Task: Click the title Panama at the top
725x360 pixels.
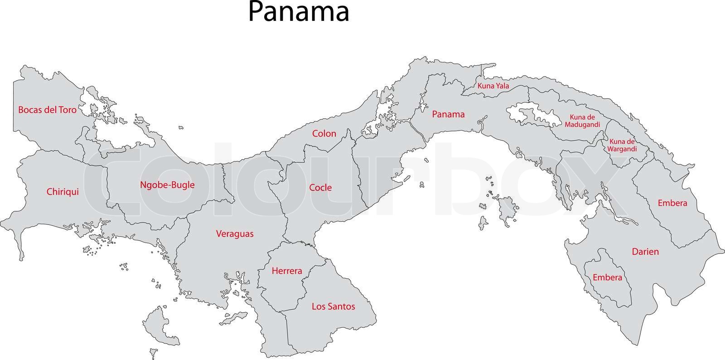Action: pos(299,12)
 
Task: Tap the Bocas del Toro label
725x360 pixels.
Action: pos(47,110)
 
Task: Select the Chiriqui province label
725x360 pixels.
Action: pos(63,192)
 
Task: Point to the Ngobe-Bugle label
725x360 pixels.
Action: pos(167,185)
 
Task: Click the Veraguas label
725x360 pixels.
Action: pos(234,234)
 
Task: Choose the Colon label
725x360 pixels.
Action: pos(324,133)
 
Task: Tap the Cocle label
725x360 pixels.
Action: pos(320,187)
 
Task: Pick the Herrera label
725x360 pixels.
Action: pos(286,271)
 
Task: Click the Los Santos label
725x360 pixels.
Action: pos(333,306)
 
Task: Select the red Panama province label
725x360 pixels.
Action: pos(448,114)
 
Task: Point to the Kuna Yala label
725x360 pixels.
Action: pos(493,86)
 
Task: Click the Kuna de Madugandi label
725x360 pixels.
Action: pos(582,120)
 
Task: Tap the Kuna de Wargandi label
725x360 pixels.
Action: pos(623,145)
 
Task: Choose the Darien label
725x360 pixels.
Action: pos(645,251)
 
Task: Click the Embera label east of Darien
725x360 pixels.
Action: pos(672,203)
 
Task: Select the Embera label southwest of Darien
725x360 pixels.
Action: pos(607,277)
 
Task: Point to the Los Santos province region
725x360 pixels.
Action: pos(335,326)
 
